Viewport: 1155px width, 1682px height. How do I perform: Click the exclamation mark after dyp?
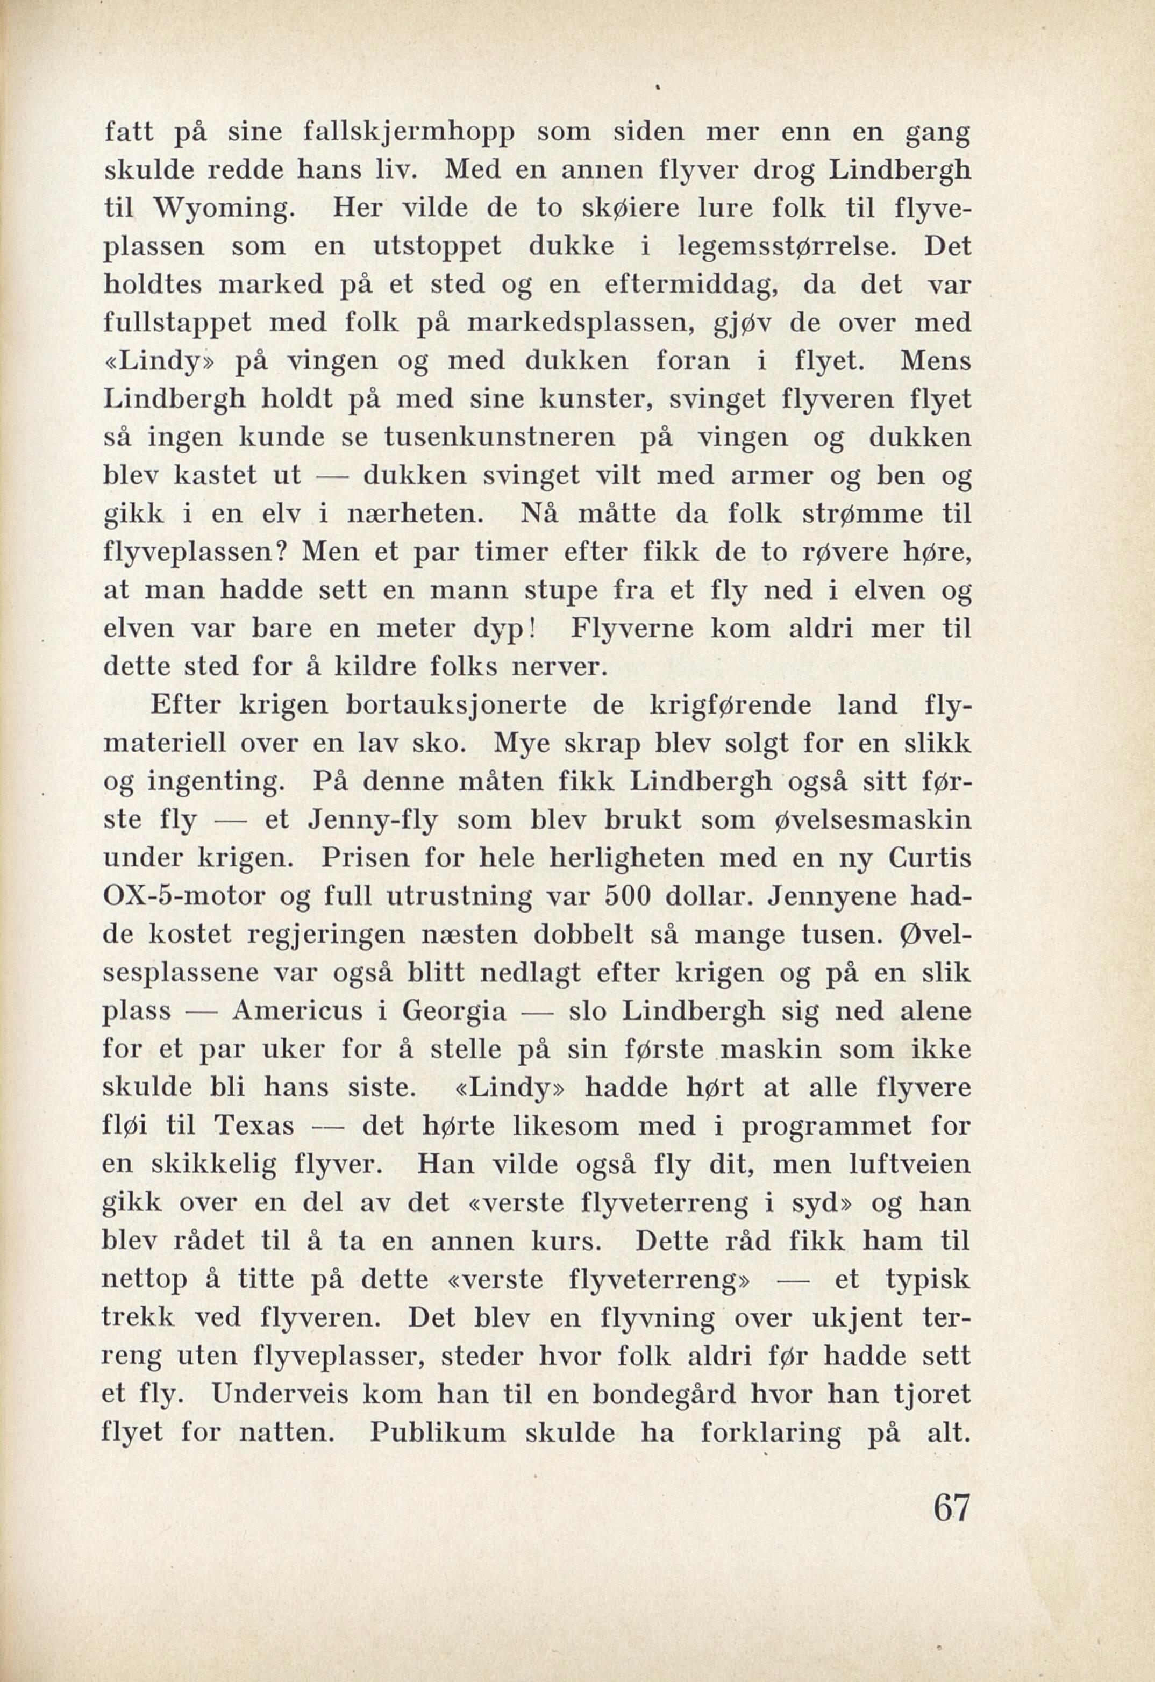tap(533, 630)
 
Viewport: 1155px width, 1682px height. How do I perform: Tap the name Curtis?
tap(926, 858)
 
